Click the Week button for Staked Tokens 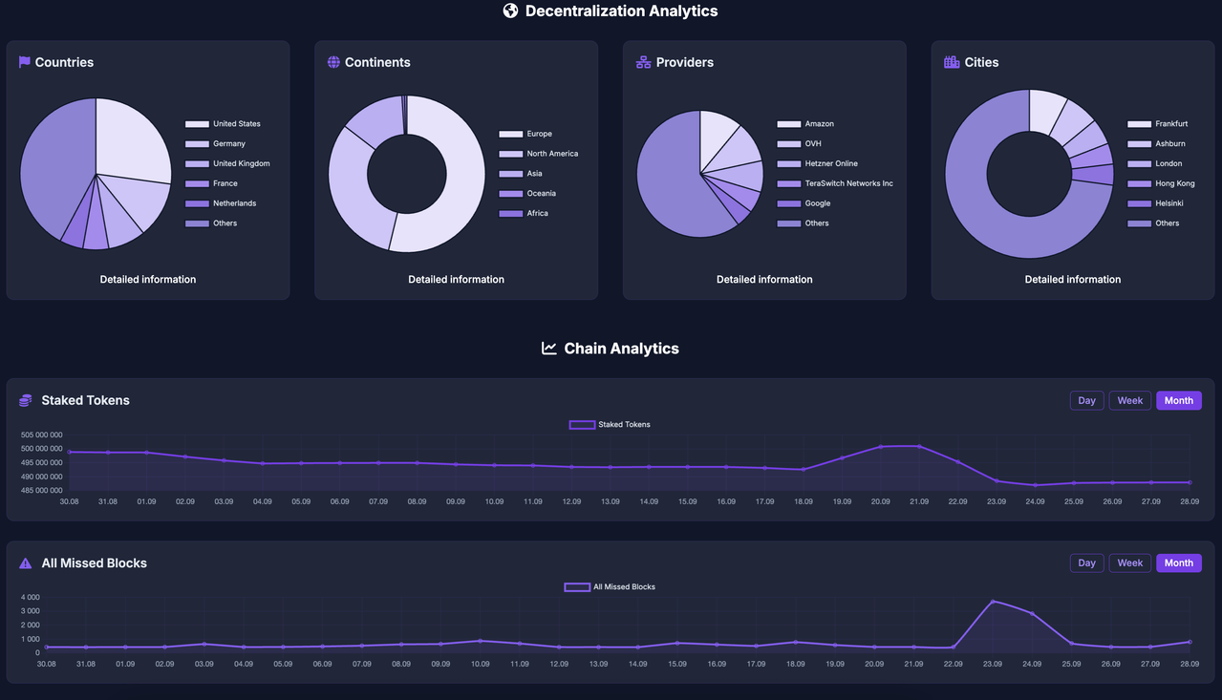tap(1129, 400)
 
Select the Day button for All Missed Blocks tap(1086, 562)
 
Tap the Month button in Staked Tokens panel tap(1178, 400)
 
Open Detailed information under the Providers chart tap(764, 280)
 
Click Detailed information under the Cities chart tap(1072, 280)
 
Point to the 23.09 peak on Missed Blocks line tap(993, 602)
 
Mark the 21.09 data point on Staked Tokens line tap(919, 446)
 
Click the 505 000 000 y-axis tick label tap(42, 435)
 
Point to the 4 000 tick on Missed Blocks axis tap(32, 597)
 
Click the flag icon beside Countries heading tap(25, 62)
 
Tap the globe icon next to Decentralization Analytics tap(510, 11)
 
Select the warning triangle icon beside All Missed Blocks tap(26, 563)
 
